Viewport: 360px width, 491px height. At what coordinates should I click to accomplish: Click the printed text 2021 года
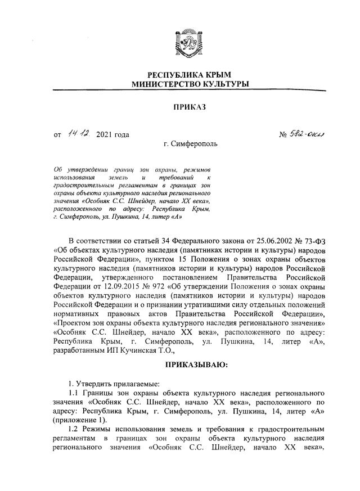coord(113,134)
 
